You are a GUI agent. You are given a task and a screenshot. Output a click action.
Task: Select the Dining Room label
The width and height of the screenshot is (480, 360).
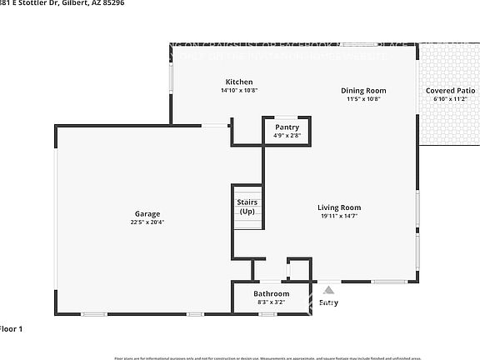(x=363, y=90)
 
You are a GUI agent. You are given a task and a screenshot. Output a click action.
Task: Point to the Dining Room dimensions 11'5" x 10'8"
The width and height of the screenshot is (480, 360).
(x=363, y=98)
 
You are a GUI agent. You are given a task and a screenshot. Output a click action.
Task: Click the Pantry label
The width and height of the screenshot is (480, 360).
(x=287, y=127)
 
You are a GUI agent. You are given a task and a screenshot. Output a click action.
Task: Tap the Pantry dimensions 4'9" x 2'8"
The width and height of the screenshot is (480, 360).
(x=287, y=135)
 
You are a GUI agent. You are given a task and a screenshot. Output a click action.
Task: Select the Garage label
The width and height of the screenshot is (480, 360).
(x=147, y=214)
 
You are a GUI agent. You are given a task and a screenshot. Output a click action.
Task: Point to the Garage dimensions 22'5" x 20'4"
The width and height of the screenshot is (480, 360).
(x=147, y=222)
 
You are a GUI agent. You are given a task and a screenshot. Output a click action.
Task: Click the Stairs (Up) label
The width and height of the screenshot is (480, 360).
(x=247, y=207)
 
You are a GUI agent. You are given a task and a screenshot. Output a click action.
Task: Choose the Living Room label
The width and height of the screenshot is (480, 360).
(x=339, y=207)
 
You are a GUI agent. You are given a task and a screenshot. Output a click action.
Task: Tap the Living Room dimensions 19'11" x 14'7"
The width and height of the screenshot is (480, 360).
(x=339, y=216)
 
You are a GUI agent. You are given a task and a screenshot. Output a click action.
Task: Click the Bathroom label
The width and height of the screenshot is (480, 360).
(x=272, y=294)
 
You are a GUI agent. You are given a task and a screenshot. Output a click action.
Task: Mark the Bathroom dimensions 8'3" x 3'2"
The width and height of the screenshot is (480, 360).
(x=272, y=302)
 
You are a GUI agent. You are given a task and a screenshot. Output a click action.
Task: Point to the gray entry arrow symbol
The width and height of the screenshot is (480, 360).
(x=328, y=291)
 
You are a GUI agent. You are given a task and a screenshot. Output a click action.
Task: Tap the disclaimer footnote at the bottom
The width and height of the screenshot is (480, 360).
(x=267, y=357)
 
